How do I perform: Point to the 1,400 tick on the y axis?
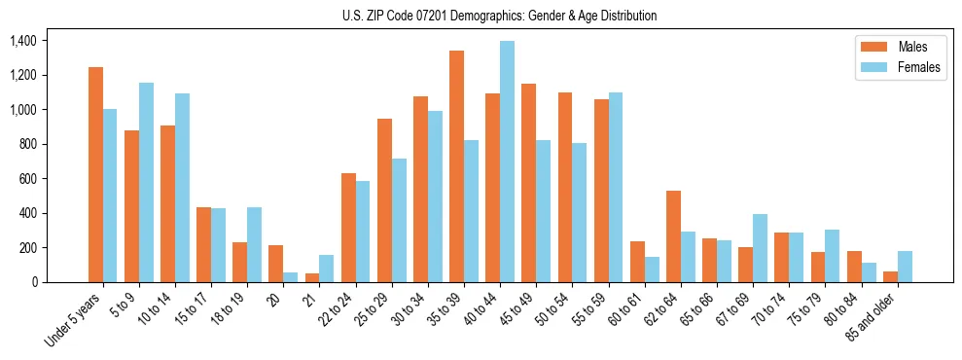click(x=22, y=41)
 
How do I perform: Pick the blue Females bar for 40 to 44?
click(x=507, y=162)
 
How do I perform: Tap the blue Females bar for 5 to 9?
click(x=146, y=183)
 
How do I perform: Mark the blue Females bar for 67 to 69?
click(x=760, y=248)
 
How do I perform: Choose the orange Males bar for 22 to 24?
click(x=348, y=228)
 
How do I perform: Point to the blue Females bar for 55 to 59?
click(x=616, y=188)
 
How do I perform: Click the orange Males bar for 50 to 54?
click(x=565, y=188)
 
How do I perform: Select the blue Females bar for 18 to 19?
click(x=254, y=245)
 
